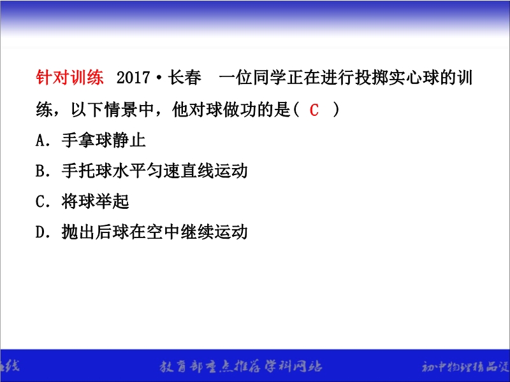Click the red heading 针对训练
pos(70,77)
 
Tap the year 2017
pos(133,78)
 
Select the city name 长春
pos(184,78)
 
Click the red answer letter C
pos(314,110)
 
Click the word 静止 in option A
pos(129,140)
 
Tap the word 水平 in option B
pos(129,171)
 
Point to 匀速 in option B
pos(163,171)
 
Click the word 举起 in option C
pos(112,201)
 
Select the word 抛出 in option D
pos(78,232)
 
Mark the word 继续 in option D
pos(197,232)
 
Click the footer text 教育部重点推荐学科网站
pos(241,367)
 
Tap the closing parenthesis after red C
pos(336,110)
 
